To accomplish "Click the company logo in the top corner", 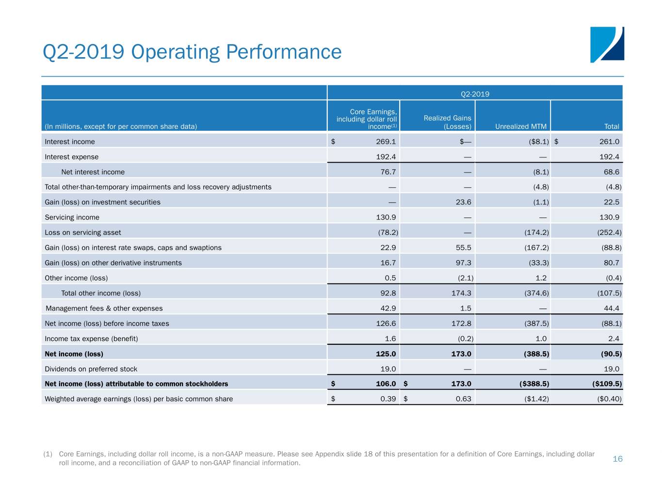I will click(607, 45).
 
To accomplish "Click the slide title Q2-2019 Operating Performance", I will click(192, 52).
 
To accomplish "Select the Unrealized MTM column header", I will click(520, 126).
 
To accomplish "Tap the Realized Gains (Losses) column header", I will click(447, 122).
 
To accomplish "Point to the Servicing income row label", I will click(72, 217).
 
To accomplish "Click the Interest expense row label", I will click(71, 157).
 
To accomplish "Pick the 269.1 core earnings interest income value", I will click(386, 141).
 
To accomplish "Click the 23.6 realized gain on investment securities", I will click(463, 202).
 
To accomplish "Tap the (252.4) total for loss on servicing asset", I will click(609, 232).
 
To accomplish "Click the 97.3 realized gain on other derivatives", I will click(463, 263).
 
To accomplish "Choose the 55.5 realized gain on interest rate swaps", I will click(463, 248).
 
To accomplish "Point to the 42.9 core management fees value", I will click(388, 308).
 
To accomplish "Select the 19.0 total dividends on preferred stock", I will click(611, 369).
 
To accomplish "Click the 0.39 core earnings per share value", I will click(388, 399).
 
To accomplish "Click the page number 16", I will click(617, 459).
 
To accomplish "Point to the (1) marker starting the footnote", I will click(48, 454).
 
